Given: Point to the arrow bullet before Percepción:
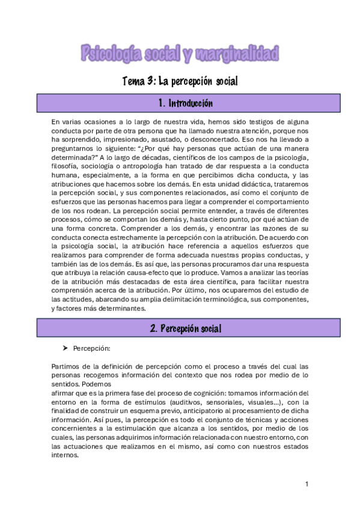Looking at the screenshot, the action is (65, 348).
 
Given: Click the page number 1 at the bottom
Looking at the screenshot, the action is (307, 484).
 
